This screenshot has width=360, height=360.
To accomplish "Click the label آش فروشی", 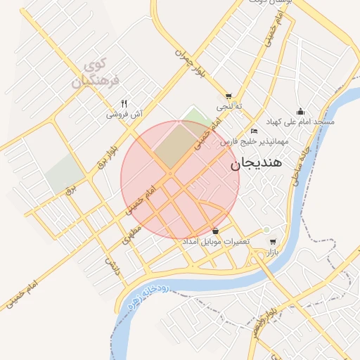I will tap(124, 113).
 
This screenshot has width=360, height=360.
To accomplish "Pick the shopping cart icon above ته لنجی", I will tap(229, 96).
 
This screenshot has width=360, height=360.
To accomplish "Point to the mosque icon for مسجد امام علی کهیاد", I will tap(301, 111).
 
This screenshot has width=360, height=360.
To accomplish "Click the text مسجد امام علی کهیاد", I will tap(304, 122).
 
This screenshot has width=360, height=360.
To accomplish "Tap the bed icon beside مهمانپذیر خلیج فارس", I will tap(254, 131).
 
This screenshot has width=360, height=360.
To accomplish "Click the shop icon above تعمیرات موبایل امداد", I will tap(215, 231).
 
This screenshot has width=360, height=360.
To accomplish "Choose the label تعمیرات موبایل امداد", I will tap(212, 242).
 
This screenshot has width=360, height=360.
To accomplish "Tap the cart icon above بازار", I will tap(273, 241).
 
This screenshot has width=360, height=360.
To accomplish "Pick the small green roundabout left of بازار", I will tap(266, 230).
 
